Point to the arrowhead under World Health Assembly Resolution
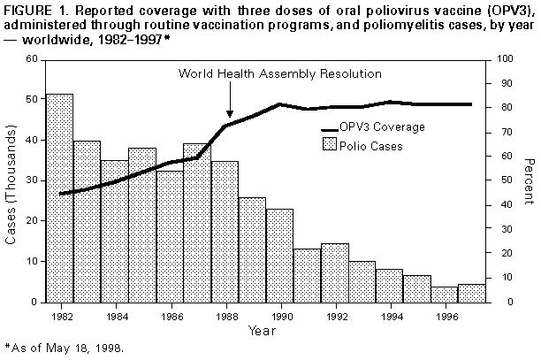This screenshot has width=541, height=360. click(230, 112)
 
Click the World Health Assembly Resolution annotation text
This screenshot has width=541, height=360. click(280, 73)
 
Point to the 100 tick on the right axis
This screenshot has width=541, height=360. click(506, 59)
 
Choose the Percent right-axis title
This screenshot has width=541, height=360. click(528, 180)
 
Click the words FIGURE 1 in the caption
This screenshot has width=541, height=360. click(34, 9)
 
